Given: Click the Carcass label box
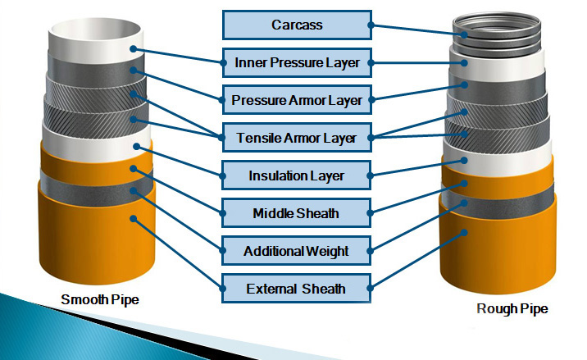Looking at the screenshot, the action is click(x=297, y=25).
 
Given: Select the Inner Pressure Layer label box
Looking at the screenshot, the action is click(x=297, y=62).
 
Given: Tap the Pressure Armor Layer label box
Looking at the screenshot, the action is click(x=297, y=100).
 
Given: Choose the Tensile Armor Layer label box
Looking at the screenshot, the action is click(x=297, y=138).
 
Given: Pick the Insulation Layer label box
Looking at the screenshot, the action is click(x=297, y=175).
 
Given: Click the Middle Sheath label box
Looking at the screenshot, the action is click(x=297, y=213).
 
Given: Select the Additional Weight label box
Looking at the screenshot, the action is click(x=297, y=251).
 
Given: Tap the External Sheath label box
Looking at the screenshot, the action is click(x=297, y=289).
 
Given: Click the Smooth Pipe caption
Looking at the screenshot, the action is click(x=100, y=299).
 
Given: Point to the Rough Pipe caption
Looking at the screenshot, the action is click(x=512, y=308).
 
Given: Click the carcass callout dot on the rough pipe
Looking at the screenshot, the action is click(x=464, y=34).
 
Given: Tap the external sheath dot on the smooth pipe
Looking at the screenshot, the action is click(x=134, y=218).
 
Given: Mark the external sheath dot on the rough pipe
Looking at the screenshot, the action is click(x=464, y=233).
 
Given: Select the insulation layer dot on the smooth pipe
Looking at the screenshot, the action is click(x=137, y=146).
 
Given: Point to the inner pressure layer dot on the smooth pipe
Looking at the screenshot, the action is click(x=134, y=48).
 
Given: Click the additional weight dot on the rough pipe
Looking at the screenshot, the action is click(x=464, y=203).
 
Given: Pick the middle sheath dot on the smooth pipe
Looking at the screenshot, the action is click(x=134, y=169).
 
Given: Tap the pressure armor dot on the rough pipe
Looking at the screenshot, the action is click(x=464, y=84).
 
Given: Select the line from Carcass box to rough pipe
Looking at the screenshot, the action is click(x=417, y=30).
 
